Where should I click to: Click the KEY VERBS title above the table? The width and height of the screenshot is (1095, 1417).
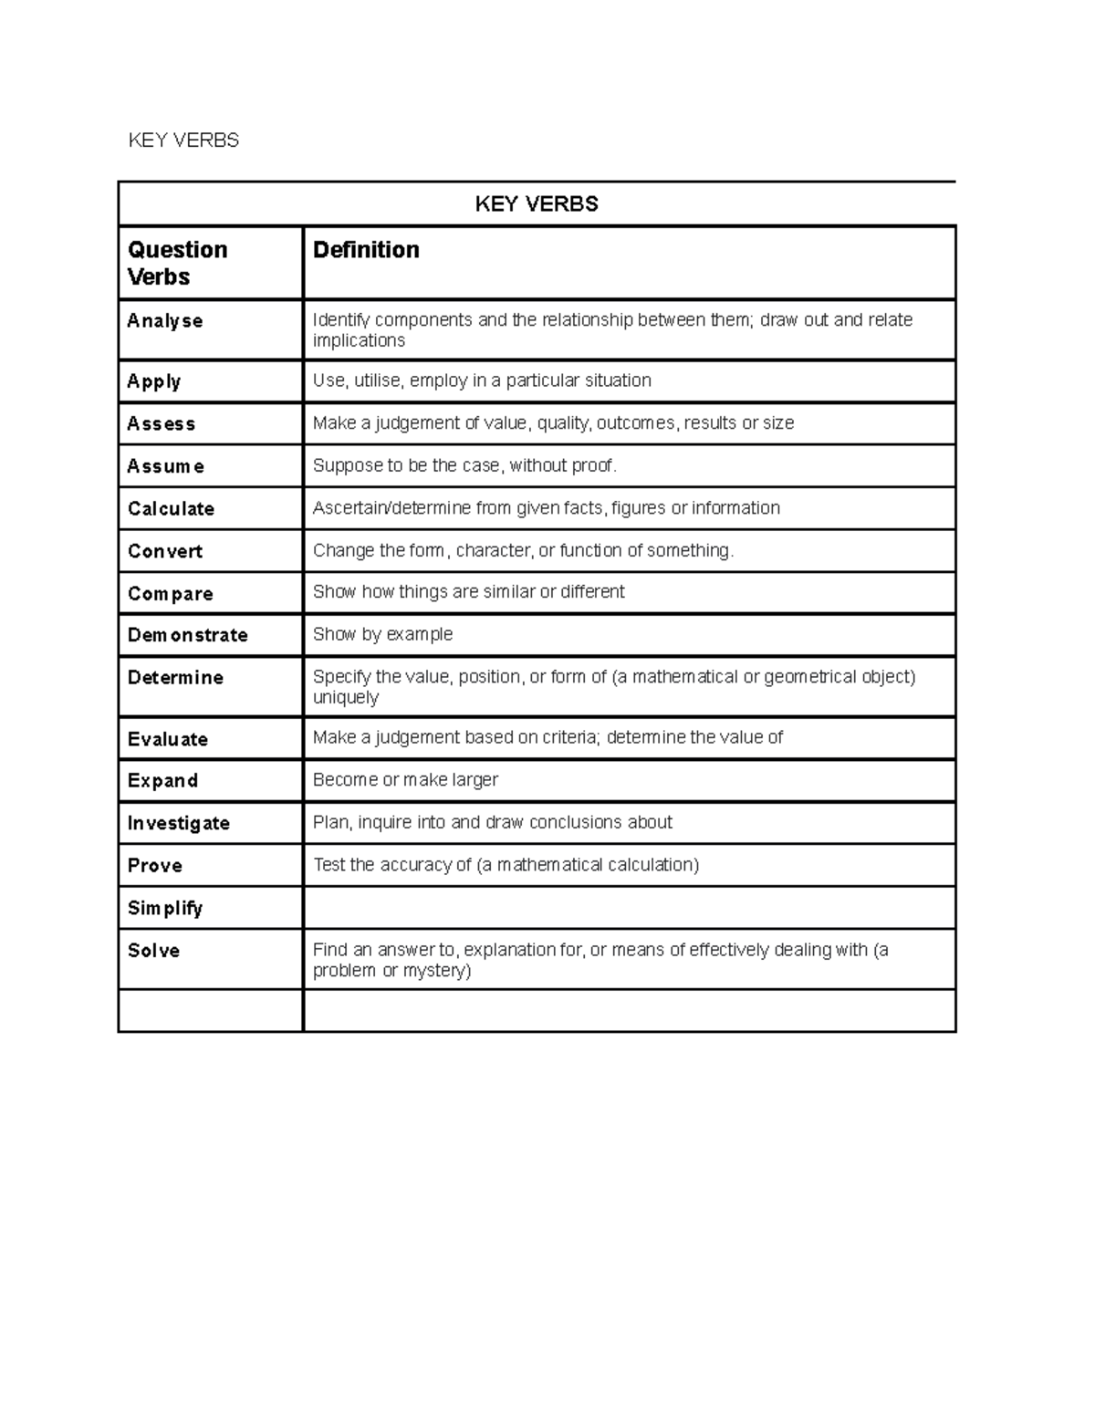tap(183, 140)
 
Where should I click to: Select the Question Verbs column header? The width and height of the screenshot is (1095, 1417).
tap(178, 263)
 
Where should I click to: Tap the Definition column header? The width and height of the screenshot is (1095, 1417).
tap(366, 250)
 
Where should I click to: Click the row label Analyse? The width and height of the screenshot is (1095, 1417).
tap(165, 321)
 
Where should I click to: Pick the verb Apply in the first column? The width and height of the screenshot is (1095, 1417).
tap(154, 381)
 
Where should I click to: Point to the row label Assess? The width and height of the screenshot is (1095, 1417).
tap(162, 423)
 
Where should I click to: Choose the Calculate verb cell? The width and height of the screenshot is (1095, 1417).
tap(171, 509)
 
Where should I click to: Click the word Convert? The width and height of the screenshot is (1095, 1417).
tap(165, 551)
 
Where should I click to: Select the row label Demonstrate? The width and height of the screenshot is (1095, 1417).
tap(188, 635)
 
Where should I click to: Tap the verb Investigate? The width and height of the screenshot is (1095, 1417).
tap(179, 823)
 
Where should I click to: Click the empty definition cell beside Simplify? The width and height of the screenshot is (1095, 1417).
tap(629, 908)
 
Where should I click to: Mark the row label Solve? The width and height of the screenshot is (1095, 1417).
tap(153, 951)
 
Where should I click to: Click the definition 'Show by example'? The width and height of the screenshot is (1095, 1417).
tap(382, 634)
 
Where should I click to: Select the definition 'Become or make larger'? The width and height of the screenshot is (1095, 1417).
tap(405, 780)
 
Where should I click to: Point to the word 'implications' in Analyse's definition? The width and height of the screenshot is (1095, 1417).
tap(359, 340)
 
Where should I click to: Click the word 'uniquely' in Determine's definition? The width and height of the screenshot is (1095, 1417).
tap(345, 698)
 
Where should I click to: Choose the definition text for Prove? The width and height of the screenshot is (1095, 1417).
tap(506, 865)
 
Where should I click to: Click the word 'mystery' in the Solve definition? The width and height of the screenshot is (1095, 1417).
tap(437, 971)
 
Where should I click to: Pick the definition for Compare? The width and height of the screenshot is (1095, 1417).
tap(468, 592)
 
